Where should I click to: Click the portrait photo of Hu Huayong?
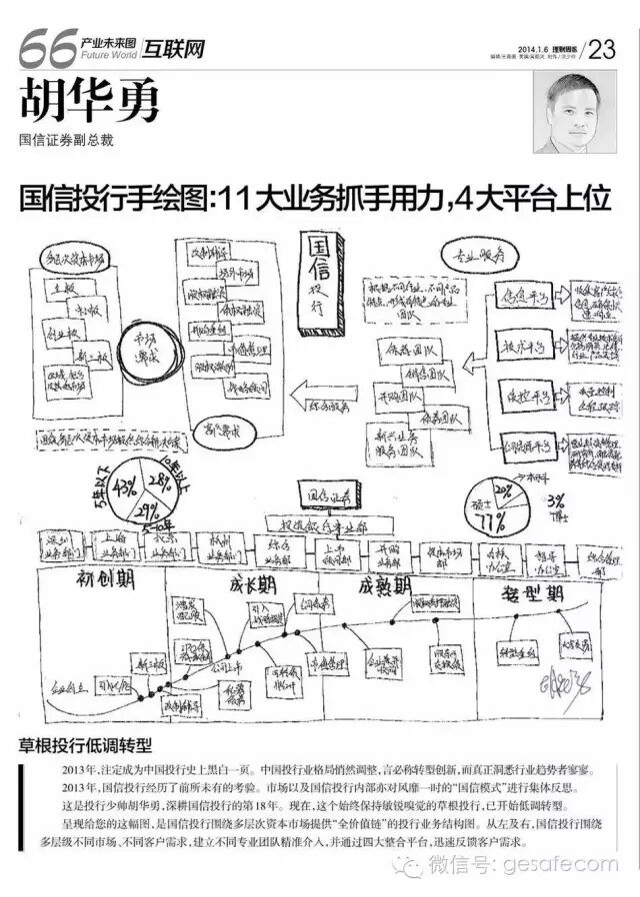[x=577, y=116]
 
